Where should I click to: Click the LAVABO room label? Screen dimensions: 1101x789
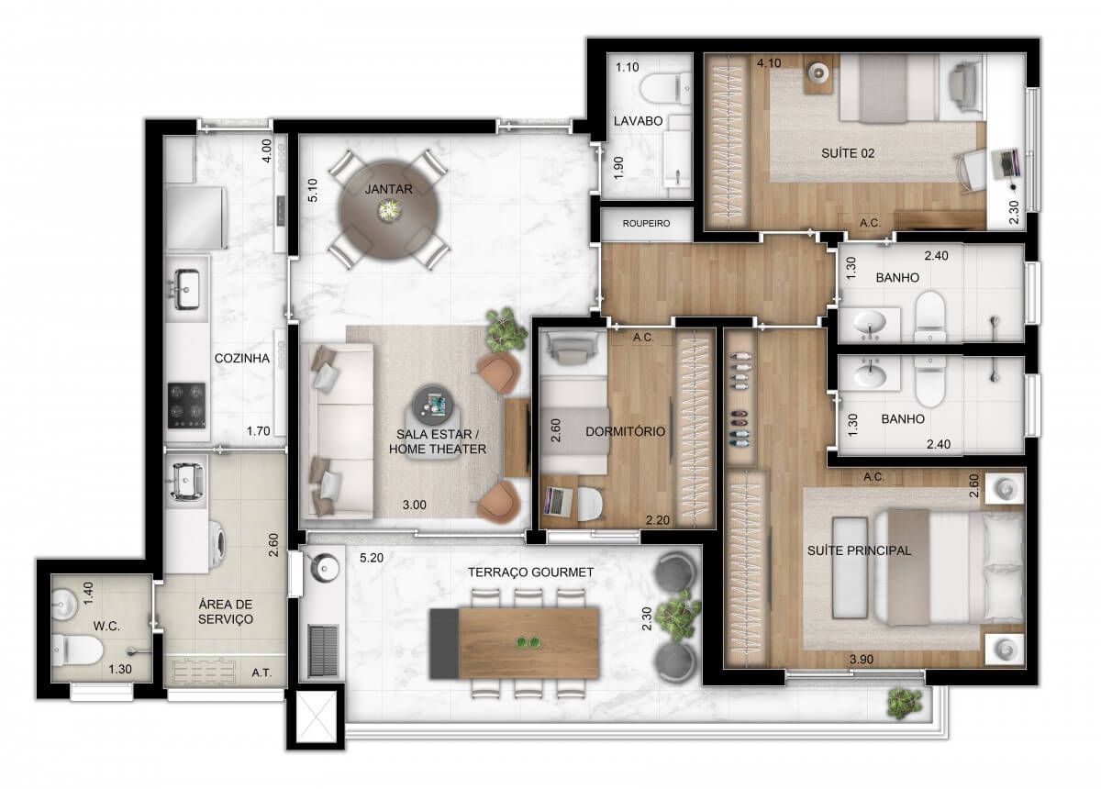(x=638, y=120)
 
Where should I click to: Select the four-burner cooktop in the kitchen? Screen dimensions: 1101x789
(x=186, y=406)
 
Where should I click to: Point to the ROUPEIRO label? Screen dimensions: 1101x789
(x=646, y=224)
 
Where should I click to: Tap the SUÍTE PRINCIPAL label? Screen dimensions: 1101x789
(x=859, y=550)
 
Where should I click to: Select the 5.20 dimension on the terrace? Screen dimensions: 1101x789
(x=371, y=558)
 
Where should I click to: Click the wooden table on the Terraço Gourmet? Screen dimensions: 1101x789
(x=515, y=643)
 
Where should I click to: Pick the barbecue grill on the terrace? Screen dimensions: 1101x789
(x=323, y=650)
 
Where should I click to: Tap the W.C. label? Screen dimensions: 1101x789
(x=106, y=627)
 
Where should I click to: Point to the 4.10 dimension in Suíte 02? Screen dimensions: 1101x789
(x=769, y=63)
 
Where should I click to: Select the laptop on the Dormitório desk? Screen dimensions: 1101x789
(x=555, y=502)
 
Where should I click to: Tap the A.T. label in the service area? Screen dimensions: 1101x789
(x=261, y=673)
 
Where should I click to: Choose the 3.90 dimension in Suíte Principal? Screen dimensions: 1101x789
(x=862, y=660)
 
